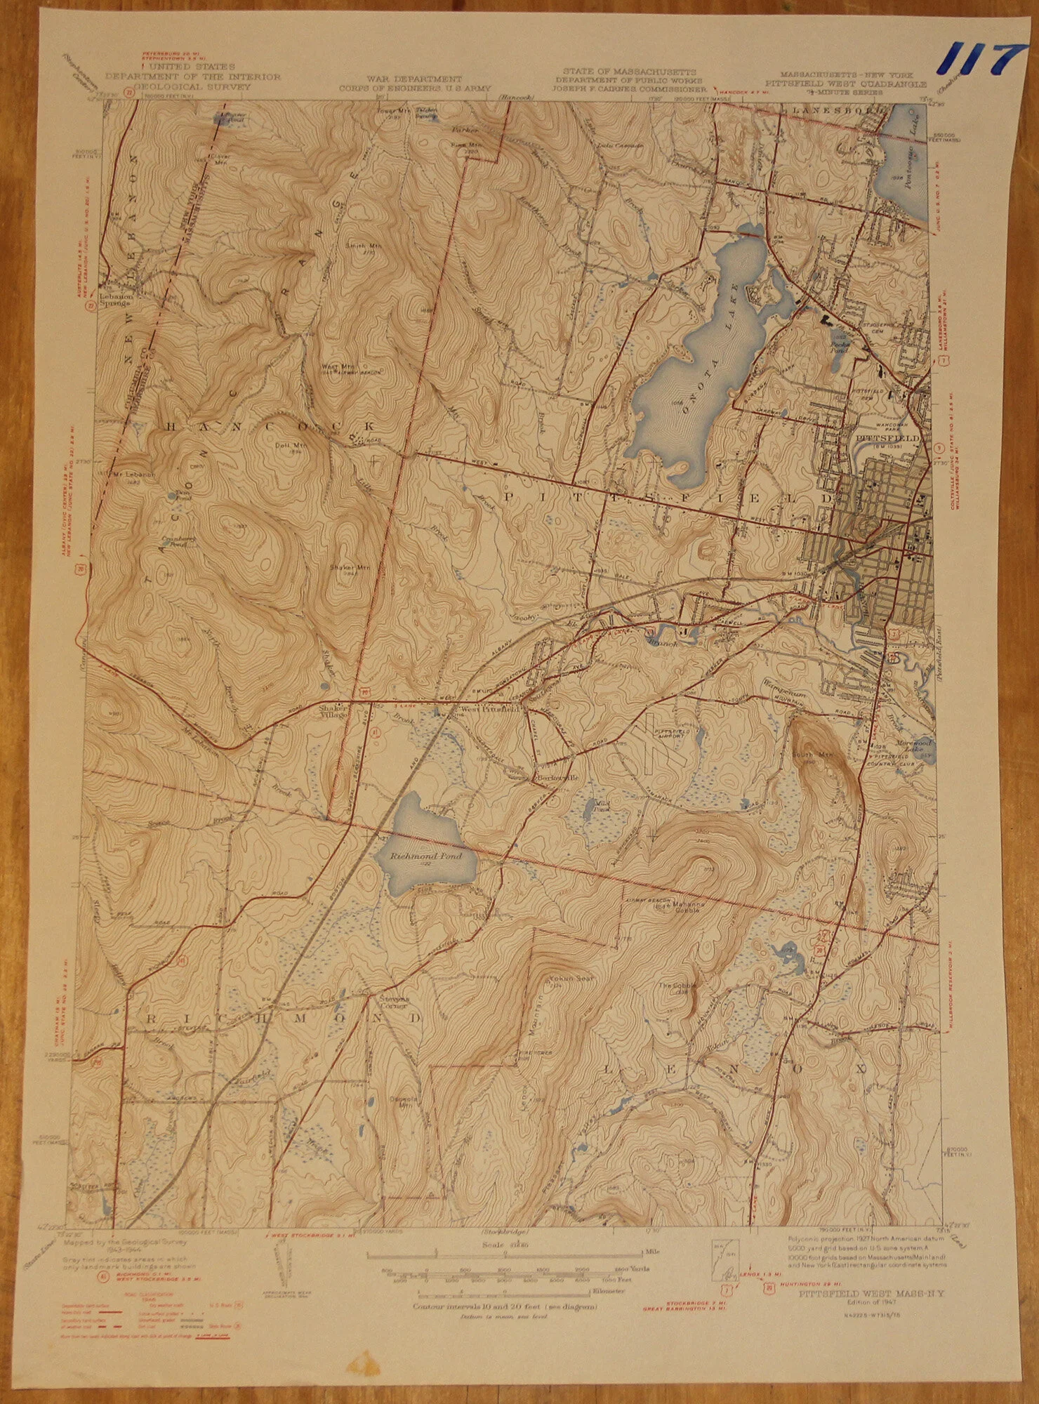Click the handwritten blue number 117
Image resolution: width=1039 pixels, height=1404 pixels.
tap(978, 57)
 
